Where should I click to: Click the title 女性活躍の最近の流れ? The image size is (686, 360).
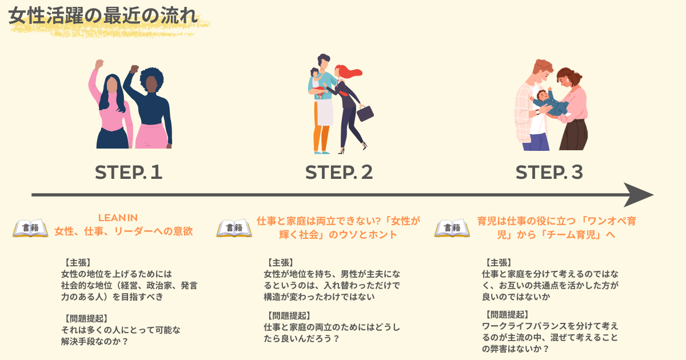coord(103,16)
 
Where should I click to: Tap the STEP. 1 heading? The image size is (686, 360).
coord(129,172)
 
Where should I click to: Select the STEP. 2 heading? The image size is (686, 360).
coord(339,172)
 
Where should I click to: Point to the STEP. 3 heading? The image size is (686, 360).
coord(549,172)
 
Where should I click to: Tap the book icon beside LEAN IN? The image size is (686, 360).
coord(30,228)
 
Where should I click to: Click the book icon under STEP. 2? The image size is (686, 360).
coord(234,228)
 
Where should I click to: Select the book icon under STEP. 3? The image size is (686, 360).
coord(452,228)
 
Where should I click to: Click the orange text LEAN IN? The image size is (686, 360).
coord(118,218)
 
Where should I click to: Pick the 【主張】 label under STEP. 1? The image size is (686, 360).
coord(78,263)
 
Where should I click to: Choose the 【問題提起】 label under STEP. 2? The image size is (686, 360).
coord(289,315)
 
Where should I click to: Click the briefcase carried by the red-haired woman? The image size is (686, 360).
coord(365,113)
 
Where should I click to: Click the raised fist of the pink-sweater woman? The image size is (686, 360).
coord(99,64)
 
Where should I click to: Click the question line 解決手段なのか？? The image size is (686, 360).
coord(94,342)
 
